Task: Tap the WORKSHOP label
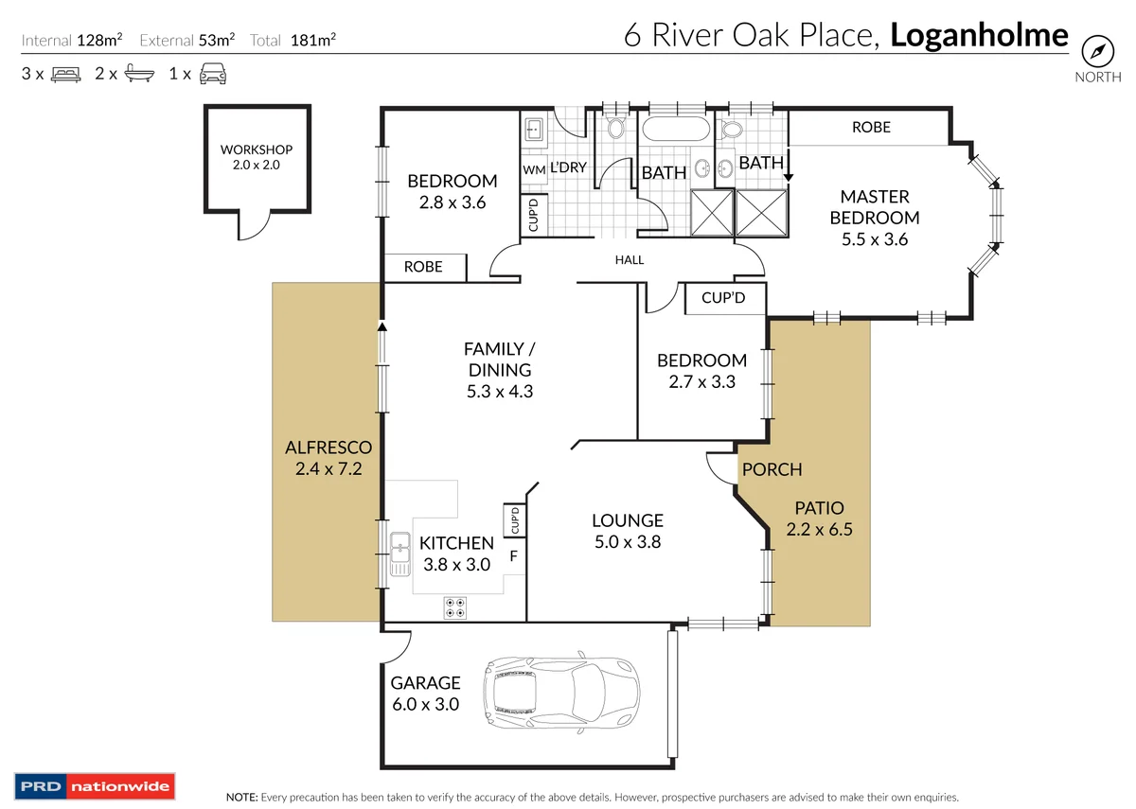click(256, 149)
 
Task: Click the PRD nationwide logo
click(94, 786)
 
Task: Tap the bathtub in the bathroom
click(675, 131)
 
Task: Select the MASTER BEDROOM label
click(874, 207)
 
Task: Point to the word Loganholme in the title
click(979, 36)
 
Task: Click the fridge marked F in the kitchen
click(513, 555)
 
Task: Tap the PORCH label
click(772, 469)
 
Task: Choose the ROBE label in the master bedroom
click(870, 127)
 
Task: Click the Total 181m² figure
click(293, 40)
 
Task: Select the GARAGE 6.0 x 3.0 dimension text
click(425, 704)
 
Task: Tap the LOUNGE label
click(627, 520)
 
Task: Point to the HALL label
click(629, 259)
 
